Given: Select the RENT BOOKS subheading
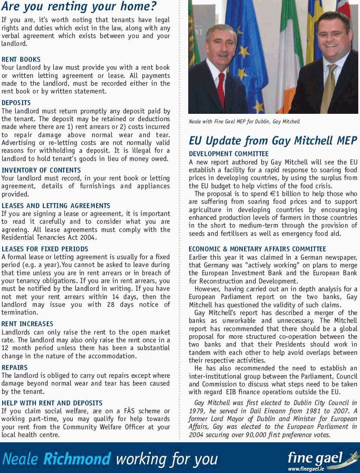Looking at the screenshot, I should coord(21,59).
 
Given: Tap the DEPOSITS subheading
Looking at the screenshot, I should coord(16,103).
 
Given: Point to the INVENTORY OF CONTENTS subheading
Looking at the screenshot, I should coord(41,170).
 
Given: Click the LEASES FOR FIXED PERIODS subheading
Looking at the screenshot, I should coord(45,249).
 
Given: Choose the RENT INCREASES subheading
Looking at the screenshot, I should coord(27,324).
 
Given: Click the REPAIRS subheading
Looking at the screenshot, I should coord(15,367).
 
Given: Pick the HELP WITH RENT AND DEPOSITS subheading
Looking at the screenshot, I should coord(52,403).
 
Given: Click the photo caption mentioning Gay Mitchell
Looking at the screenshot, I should coord(244,122).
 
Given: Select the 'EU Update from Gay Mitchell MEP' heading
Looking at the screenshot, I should coord(273,141).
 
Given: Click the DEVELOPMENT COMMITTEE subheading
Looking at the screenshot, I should coord(228,154).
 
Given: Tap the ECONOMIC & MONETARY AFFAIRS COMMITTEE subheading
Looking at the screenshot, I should coord(257,249).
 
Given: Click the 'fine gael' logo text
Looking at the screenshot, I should coord(315,457).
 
